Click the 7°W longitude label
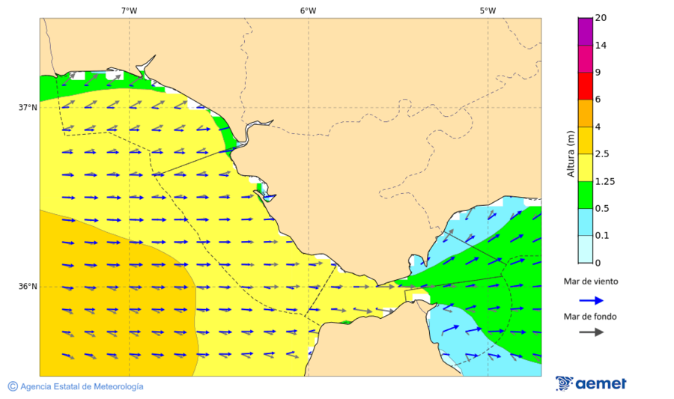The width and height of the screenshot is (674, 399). pos(129,10)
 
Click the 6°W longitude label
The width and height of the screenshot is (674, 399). pos(308,10)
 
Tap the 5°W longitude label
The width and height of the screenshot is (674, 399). pos(488,10)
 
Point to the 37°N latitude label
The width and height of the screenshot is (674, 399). pos(28,107)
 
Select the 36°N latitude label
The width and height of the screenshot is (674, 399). pos(28,287)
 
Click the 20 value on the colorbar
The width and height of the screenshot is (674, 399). pos(601,18)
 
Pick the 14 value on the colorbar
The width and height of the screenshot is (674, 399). pos(601,46)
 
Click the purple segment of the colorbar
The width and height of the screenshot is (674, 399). pos(585,31)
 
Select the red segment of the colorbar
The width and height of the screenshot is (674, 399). pos(585,86)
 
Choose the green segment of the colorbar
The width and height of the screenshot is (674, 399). pos(585,195)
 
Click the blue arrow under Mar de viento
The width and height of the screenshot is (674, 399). pos(591,300)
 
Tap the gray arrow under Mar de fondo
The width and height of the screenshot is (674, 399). pos(591,332)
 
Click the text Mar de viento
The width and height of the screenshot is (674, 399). pos(591,281)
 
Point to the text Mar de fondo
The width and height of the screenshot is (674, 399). pos(591,317)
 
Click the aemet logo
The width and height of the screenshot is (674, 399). pos(591,383)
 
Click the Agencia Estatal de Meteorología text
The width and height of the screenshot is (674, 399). pos(82,387)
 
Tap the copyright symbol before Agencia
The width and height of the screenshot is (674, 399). pos(13,386)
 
